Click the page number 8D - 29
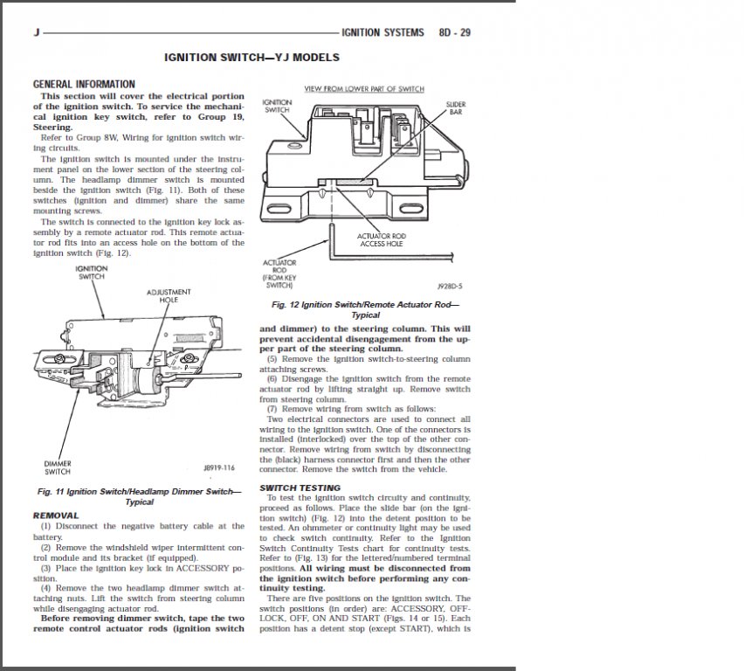(455, 33)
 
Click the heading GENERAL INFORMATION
(84, 85)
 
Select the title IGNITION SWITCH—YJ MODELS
(252, 58)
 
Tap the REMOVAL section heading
(56, 515)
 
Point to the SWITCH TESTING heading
(300, 488)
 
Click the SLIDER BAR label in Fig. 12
(456, 107)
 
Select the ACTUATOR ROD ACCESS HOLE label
(382, 239)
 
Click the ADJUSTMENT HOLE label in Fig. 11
(169, 296)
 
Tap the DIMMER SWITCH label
(58, 467)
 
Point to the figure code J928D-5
(450, 287)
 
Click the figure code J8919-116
(219, 467)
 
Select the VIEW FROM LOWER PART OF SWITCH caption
(364, 89)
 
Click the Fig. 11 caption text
(139, 497)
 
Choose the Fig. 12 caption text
(365, 309)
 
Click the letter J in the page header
(37, 33)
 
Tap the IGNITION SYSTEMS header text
(382, 33)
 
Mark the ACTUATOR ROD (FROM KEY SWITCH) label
(279, 274)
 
